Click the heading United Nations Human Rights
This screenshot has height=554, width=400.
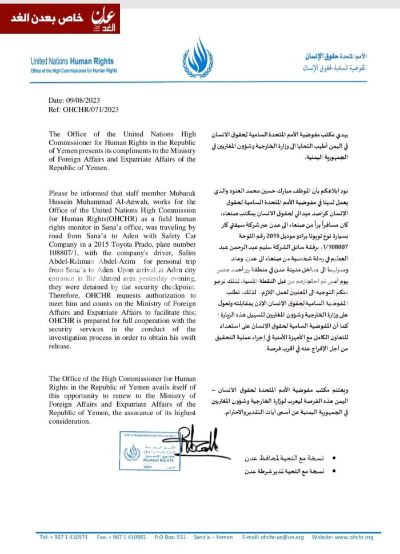72,61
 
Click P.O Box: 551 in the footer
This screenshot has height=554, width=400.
170,537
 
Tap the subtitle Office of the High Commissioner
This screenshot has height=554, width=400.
74,71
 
